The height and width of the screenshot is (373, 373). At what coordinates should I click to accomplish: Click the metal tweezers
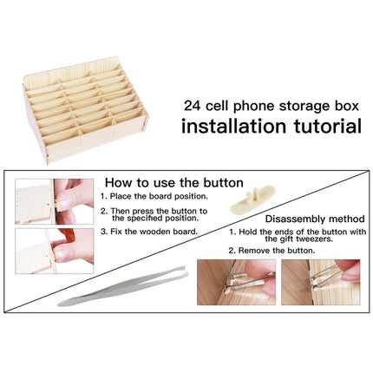[121, 287]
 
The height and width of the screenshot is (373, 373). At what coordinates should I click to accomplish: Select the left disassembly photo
[236, 281]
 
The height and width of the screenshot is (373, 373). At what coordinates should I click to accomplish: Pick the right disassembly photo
[320, 281]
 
